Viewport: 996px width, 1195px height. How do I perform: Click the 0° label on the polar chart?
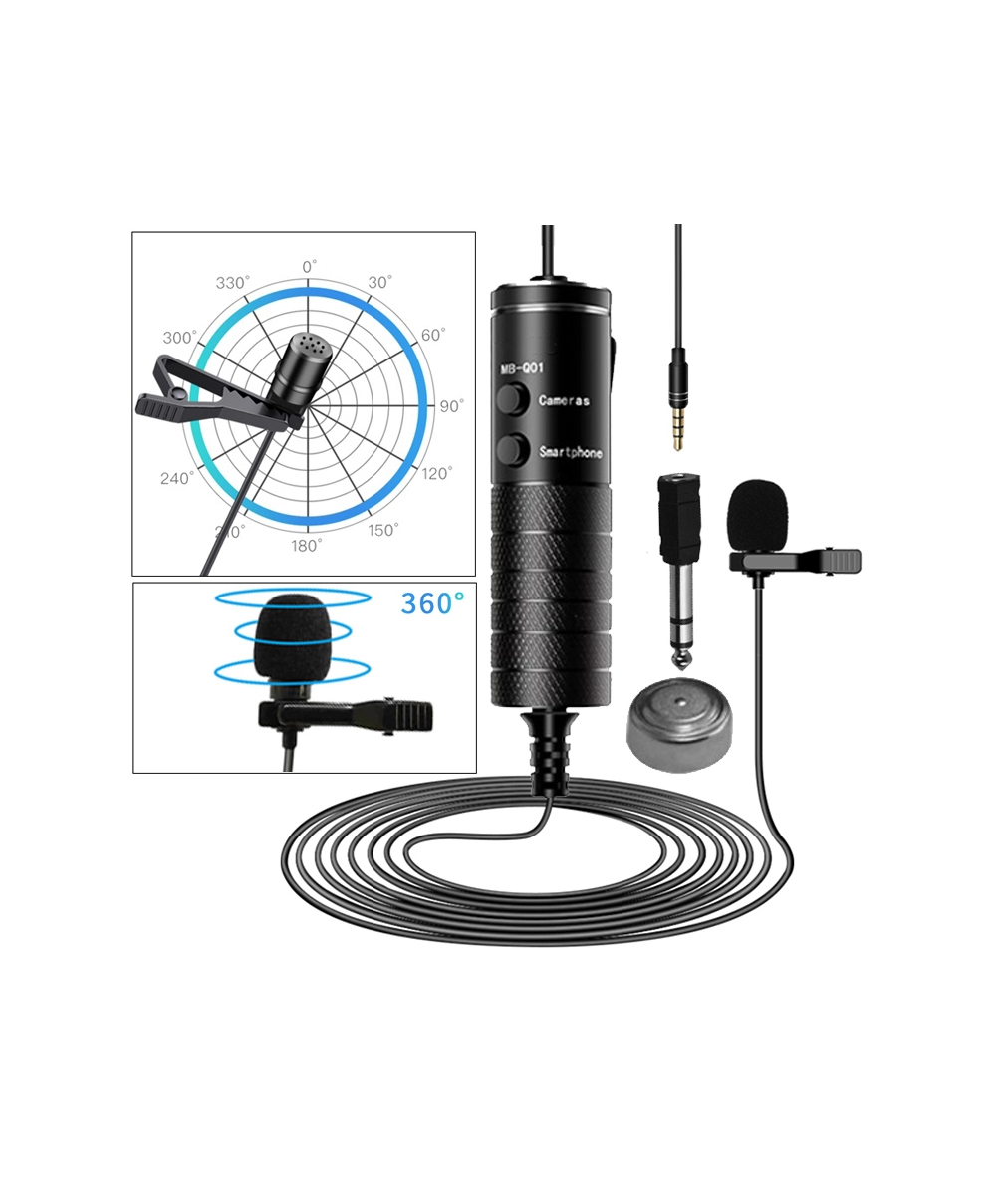tap(309, 267)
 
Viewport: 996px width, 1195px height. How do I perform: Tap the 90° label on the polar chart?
tap(451, 406)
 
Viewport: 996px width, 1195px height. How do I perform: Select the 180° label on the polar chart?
tap(307, 545)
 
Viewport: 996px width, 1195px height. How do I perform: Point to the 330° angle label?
tap(233, 283)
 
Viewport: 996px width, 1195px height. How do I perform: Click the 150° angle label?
tap(382, 530)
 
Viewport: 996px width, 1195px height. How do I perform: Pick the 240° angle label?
tap(177, 478)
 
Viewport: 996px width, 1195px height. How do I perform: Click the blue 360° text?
tap(432, 603)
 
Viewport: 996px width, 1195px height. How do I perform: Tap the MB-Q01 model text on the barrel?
tap(521, 369)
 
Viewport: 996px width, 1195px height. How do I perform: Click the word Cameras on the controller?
tap(564, 401)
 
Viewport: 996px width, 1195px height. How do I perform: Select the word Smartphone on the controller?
tap(571, 452)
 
